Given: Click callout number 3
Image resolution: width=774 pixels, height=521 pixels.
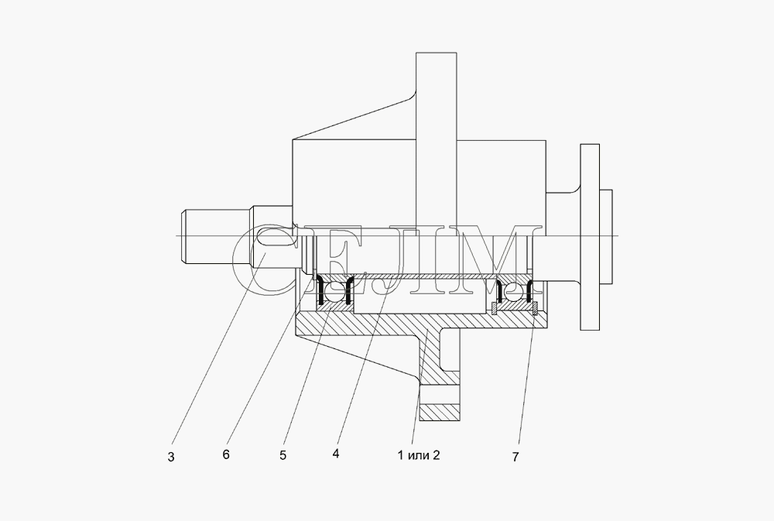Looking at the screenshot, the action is coord(171,457).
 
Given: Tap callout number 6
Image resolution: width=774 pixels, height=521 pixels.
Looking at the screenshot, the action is coord(225,454).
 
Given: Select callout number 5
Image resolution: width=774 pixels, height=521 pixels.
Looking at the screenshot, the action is coord(283,455).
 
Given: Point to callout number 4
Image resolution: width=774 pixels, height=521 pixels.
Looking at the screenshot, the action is coord(336,454).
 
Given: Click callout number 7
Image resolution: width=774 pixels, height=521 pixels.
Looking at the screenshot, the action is coord(515,457).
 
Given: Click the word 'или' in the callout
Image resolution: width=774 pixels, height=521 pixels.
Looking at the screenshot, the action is coord(419,455).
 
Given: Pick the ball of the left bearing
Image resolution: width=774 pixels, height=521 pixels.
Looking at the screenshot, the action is coord(334,291).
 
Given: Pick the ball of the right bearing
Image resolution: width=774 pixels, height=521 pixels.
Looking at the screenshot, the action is coord(512,292).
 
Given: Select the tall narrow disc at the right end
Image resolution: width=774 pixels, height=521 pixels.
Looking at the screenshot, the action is coord(590,237).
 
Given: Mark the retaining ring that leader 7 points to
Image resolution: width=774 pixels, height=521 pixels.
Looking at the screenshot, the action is coord(535,308).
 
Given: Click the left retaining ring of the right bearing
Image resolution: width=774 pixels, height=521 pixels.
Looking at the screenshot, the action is coord(494,308).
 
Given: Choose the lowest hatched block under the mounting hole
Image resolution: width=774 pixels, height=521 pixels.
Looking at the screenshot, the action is coord(440,413).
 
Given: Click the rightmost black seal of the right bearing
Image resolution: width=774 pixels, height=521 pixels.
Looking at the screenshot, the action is coord(531,291).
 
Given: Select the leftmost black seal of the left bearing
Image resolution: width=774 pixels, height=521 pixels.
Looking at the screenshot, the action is coord(320,291).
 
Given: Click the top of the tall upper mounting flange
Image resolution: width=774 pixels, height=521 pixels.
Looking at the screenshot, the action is coord(437,53).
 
